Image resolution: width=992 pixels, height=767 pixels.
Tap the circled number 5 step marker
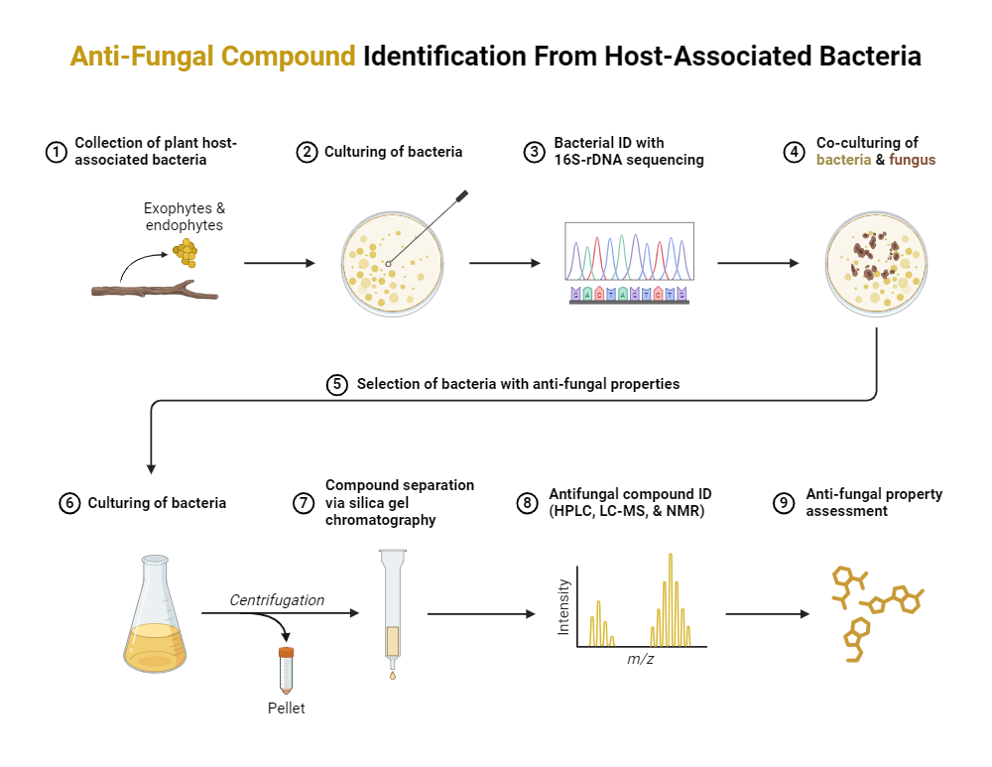337,384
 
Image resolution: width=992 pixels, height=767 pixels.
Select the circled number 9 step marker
783,503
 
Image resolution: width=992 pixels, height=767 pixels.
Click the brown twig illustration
155,290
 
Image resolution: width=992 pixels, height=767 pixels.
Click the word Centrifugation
277,600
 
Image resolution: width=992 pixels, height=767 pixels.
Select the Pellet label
286,708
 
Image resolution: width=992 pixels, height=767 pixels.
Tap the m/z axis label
640,660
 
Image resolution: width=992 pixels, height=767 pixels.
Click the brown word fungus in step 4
913,160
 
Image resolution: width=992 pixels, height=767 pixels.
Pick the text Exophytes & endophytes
184,217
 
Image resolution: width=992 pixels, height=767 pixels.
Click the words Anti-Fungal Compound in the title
212,56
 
